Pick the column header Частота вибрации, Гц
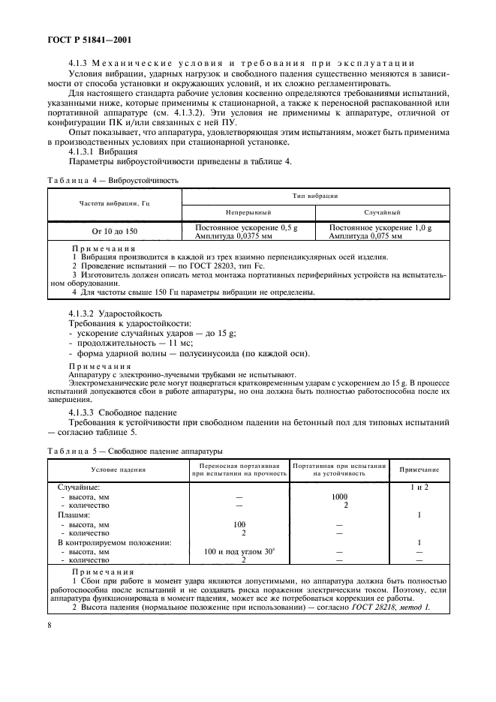(x=115, y=203)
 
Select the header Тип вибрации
(x=315, y=195)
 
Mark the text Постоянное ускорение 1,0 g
(x=380, y=227)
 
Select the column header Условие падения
(x=119, y=469)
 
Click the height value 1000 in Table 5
(x=340, y=496)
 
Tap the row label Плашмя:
(x=74, y=515)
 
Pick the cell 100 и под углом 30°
(x=239, y=551)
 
